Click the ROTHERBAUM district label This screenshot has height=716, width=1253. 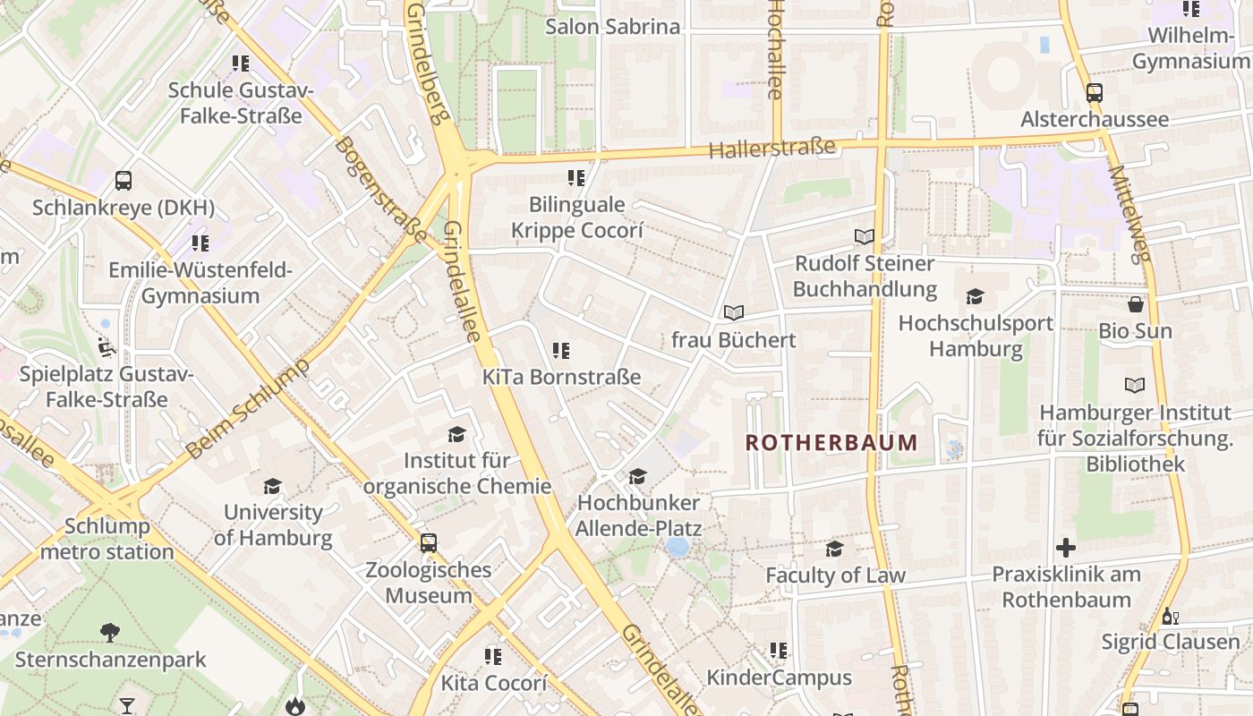click(x=831, y=442)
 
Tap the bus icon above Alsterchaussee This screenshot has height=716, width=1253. click(x=1094, y=92)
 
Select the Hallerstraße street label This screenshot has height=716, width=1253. click(x=771, y=149)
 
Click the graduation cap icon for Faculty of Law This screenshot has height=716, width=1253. click(x=834, y=549)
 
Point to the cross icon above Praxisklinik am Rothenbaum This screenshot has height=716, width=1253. click(x=1065, y=547)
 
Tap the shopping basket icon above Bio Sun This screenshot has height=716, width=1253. click(x=1135, y=304)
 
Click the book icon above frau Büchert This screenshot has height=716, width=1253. click(x=734, y=312)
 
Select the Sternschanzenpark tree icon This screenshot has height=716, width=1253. click(x=110, y=633)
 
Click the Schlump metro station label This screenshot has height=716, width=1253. click(x=107, y=539)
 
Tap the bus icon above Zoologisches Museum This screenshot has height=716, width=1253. click(x=429, y=542)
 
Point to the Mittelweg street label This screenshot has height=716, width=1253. click(x=1128, y=215)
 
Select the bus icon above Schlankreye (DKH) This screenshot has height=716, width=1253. click(x=124, y=181)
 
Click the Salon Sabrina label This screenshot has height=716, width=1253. click(x=613, y=26)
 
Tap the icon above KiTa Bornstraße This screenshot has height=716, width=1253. click(x=561, y=350)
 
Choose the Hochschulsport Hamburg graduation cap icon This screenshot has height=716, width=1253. click(x=975, y=296)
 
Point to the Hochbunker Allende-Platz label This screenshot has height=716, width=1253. click(x=638, y=516)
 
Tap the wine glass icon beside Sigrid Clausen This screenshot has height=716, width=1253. click(x=1168, y=616)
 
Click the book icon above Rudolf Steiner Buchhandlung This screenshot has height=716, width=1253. click(x=864, y=236)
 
